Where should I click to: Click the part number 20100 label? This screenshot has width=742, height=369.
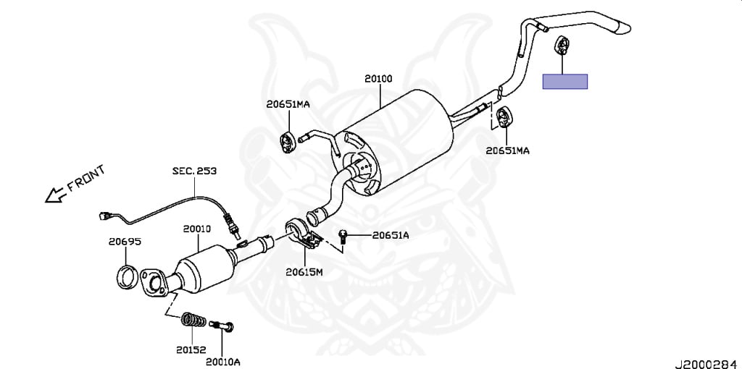378,77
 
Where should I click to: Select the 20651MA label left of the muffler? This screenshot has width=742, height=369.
288,104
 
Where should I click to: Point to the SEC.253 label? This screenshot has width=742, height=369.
194,171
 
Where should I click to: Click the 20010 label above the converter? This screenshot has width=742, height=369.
196,228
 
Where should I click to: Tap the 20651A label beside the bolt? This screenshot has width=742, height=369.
391,235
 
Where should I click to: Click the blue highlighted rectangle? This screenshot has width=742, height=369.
565,81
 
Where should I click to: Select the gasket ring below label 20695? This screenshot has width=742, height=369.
127,276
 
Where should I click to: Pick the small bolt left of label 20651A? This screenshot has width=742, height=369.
344,235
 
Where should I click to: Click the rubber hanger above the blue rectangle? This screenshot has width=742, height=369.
562,46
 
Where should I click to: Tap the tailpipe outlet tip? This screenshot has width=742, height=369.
622,27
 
